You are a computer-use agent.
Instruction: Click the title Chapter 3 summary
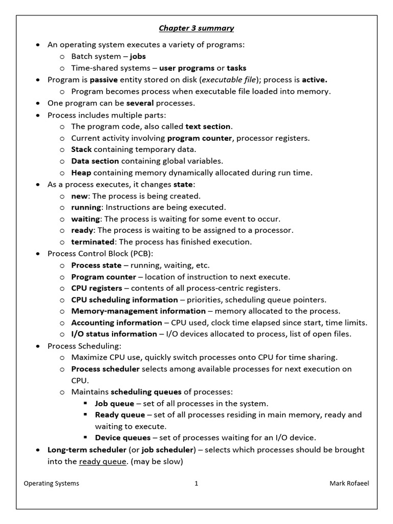196,28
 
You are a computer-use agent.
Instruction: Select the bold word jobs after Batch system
138,56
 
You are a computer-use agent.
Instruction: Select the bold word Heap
81,172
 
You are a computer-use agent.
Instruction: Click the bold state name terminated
93,242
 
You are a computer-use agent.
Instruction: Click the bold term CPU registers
97,288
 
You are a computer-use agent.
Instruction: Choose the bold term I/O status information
114,334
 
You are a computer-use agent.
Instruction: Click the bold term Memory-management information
138,311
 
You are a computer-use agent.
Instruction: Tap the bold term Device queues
123,438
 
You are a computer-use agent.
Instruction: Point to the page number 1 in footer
196,484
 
